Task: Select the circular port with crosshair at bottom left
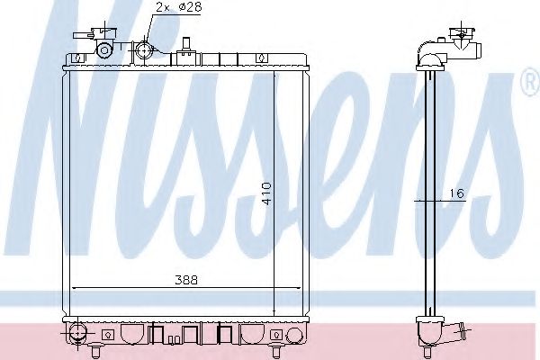tap(79, 334)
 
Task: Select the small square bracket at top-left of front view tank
tap(78, 58)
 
